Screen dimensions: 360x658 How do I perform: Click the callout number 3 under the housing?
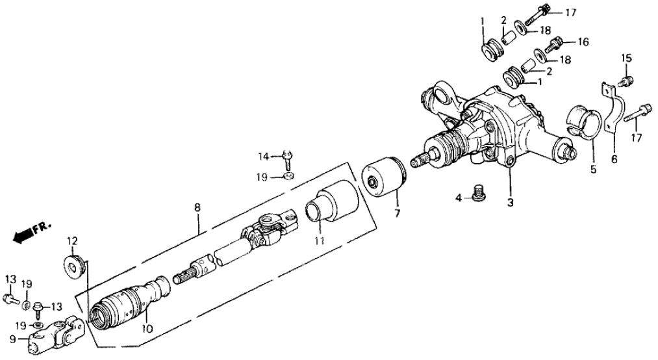tap(511, 203)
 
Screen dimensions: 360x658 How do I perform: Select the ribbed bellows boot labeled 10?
tap(127, 305)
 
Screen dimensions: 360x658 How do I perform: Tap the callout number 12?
tap(72, 241)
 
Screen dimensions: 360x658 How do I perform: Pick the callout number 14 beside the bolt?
tap(263, 156)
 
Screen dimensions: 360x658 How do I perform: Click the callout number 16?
tap(583, 43)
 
